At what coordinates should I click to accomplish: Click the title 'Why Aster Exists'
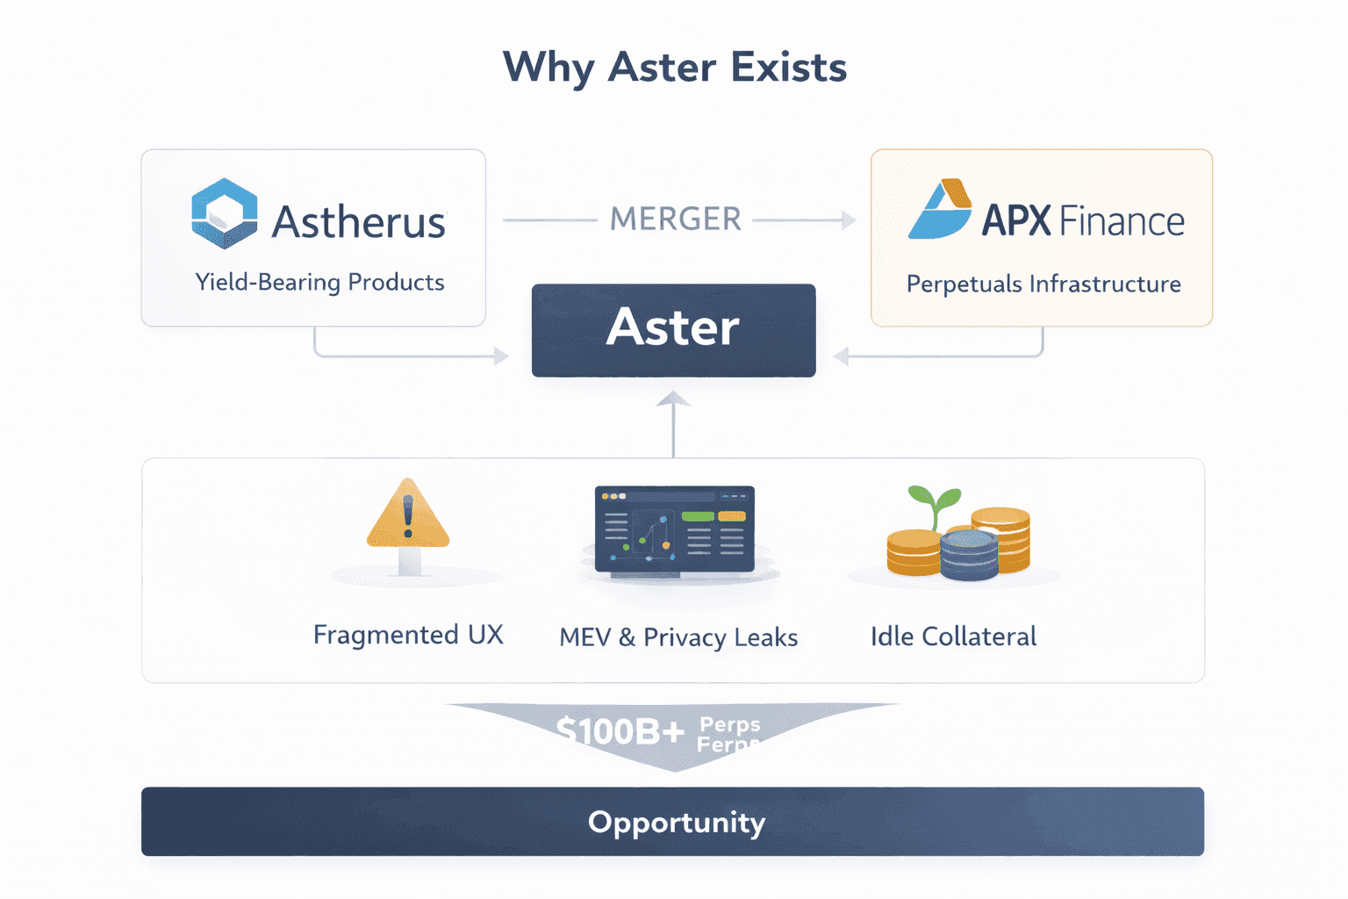pyautogui.click(x=674, y=68)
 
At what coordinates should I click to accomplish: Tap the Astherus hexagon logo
pyautogui.click(x=225, y=213)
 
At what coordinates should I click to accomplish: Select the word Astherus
pyautogui.click(x=358, y=222)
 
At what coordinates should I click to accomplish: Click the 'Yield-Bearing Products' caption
pyautogui.click(x=319, y=282)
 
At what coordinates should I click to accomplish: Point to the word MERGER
pyautogui.click(x=676, y=219)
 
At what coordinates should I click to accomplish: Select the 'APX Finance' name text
pyautogui.click(x=1082, y=220)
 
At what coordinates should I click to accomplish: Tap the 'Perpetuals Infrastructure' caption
pyautogui.click(x=1043, y=284)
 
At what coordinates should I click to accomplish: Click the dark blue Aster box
pyautogui.click(x=673, y=330)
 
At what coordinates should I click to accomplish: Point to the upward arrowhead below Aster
pyautogui.click(x=673, y=399)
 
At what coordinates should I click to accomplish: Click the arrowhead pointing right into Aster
pyautogui.click(x=501, y=356)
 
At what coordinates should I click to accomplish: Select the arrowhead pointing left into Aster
pyautogui.click(x=841, y=356)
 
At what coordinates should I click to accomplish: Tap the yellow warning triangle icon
pyautogui.click(x=408, y=516)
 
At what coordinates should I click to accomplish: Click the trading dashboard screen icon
pyautogui.click(x=674, y=529)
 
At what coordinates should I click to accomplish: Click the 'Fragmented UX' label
pyautogui.click(x=408, y=635)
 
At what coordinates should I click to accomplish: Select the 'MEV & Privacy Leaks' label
pyautogui.click(x=678, y=637)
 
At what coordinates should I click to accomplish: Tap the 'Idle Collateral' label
pyautogui.click(x=953, y=636)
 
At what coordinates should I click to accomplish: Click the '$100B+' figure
pyautogui.click(x=620, y=730)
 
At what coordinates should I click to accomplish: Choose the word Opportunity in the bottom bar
pyautogui.click(x=676, y=823)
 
